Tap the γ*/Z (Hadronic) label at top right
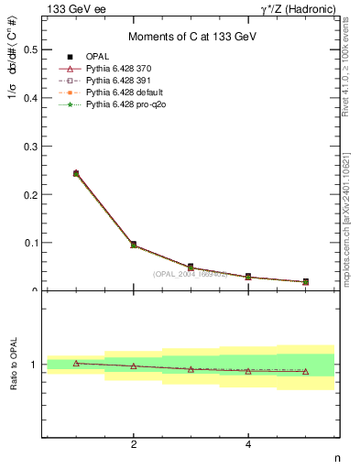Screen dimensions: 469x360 [x=297, y=9]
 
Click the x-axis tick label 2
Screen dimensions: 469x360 [x=134, y=445]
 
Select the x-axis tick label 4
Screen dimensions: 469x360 [x=248, y=445]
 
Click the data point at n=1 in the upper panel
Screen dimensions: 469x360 [x=76, y=173]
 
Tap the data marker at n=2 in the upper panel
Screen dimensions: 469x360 [x=134, y=245]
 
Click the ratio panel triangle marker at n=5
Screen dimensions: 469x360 [x=306, y=372]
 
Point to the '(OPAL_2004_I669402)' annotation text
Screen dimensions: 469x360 [x=191, y=273]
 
